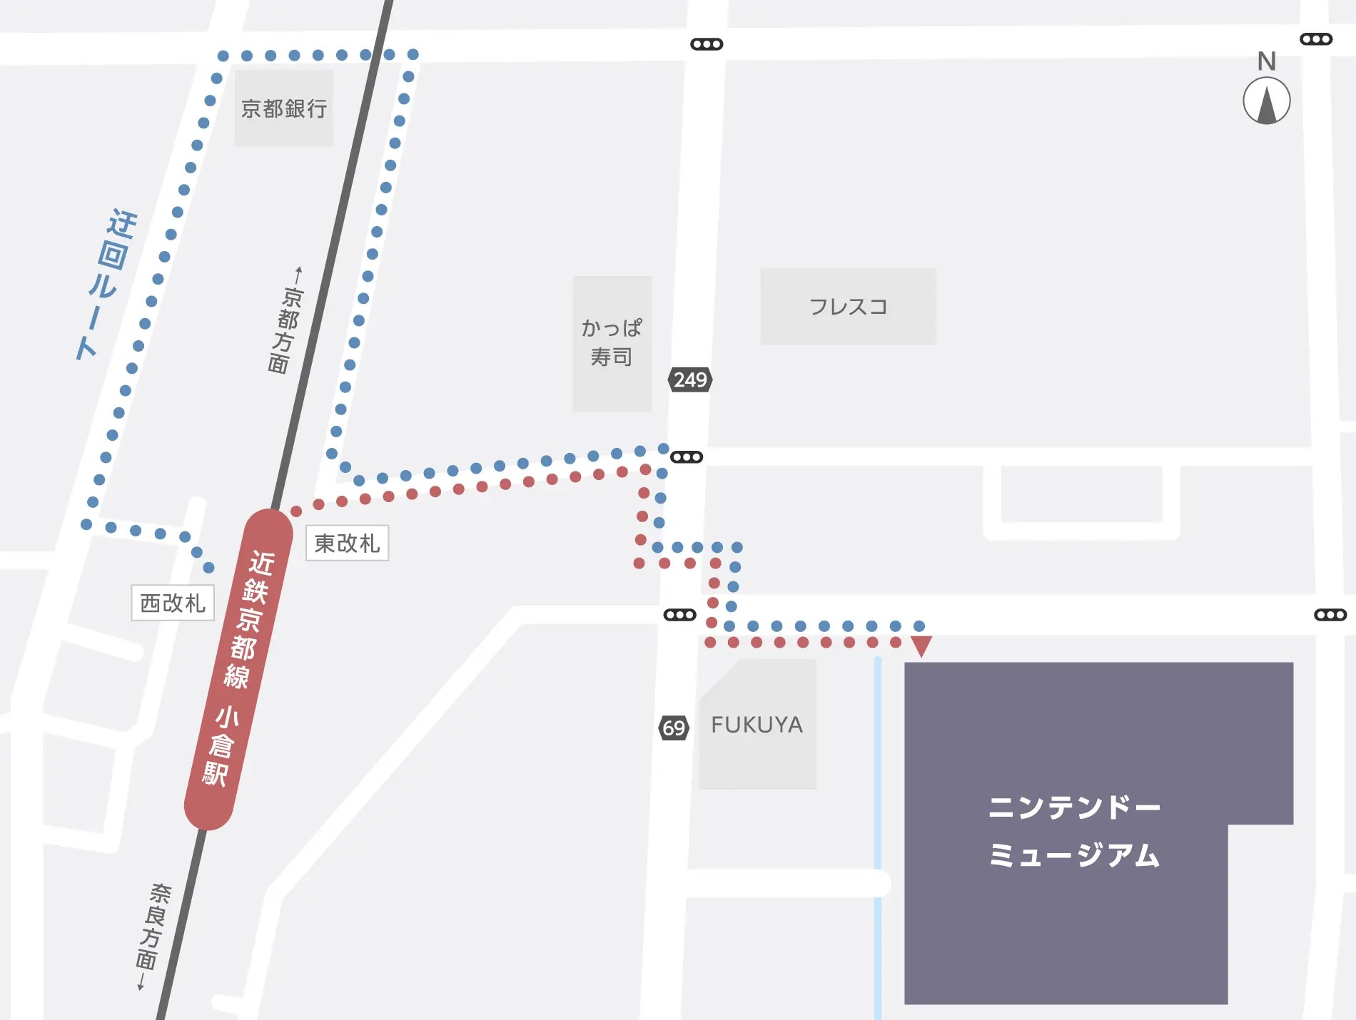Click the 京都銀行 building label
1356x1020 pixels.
point(284,108)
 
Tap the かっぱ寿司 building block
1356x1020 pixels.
point(612,343)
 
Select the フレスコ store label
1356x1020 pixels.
point(848,307)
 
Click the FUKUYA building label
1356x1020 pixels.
point(757,725)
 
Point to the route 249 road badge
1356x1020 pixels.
point(690,379)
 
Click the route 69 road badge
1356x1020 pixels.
point(674,728)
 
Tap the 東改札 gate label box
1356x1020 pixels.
point(347,544)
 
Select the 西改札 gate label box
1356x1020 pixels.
point(173,603)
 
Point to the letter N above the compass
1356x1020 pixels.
point(1266,61)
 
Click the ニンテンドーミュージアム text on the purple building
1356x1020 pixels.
point(1074,831)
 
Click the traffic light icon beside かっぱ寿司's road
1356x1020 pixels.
point(687,457)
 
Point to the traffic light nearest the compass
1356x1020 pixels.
point(1315,39)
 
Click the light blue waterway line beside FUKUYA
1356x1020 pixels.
point(878,785)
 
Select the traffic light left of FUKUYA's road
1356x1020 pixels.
point(679,615)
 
